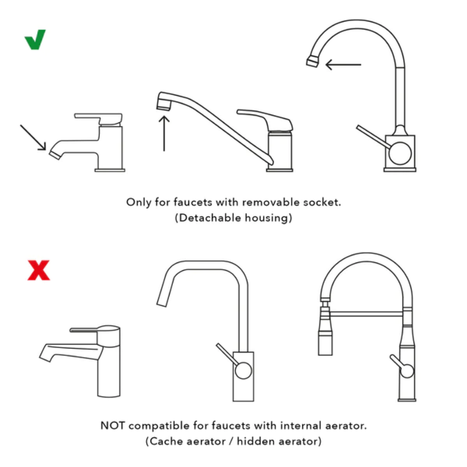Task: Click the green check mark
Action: [35, 40]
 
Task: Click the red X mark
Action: [38, 270]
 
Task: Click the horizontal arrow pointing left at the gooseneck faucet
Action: [343, 65]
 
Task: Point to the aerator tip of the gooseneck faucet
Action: [312, 62]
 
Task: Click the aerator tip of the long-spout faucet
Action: [163, 104]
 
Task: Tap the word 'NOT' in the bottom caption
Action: [113, 425]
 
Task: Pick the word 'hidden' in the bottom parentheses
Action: [253, 441]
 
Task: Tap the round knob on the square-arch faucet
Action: [243, 370]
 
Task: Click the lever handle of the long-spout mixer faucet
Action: [265, 119]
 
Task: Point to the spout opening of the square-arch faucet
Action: [162, 302]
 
